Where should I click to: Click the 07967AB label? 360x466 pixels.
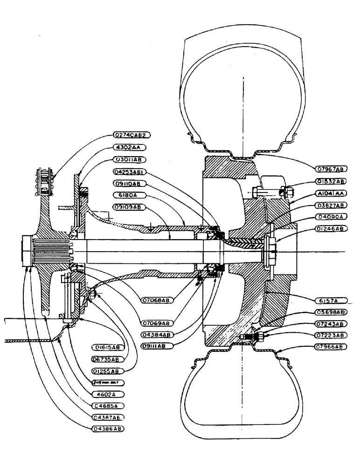[x=332, y=167]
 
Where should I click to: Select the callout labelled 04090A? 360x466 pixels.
[x=331, y=216]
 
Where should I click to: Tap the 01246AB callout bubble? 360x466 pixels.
[x=331, y=228]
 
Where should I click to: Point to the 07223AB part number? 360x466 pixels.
[x=331, y=335]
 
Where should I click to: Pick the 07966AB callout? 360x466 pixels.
[x=332, y=347]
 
